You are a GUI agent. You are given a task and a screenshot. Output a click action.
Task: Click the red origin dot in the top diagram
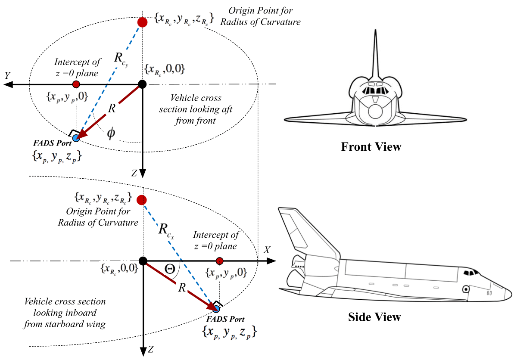pos(143,22)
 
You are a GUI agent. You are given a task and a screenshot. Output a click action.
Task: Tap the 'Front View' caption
pos(371,147)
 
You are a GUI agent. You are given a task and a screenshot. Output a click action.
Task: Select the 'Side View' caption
pos(374,317)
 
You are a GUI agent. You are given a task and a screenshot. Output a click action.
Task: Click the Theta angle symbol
pos(170,269)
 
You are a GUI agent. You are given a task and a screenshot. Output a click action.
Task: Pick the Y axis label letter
pos(7,76)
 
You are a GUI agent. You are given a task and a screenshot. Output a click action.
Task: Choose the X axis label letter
pos(267,250)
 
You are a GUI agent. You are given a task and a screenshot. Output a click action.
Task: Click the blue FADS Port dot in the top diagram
pos(76,138)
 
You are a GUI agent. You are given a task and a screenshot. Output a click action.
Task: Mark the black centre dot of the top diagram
pos(143,85)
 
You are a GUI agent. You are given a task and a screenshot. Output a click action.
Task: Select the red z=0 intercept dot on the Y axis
pos(76,84)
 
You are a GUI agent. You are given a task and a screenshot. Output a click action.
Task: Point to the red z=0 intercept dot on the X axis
pos(220,261)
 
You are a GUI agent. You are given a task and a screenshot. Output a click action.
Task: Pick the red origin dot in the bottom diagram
pos(140,200)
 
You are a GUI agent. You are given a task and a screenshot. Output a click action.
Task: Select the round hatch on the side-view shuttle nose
pos(466,289)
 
